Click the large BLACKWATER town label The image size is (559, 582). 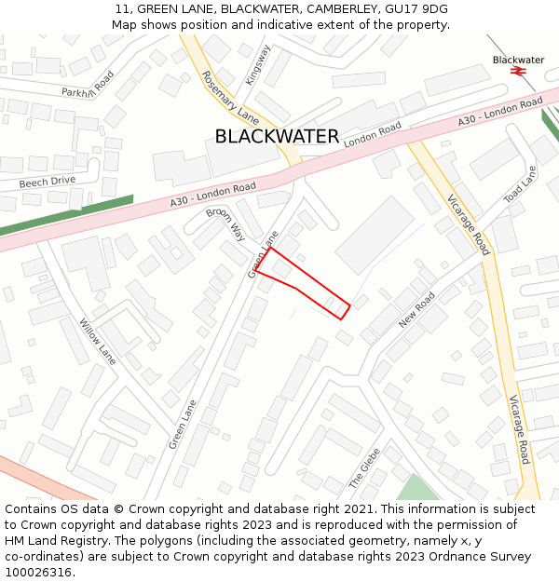coord(277,136)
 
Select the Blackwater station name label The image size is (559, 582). coord(518,60)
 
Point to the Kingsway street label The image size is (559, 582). coord(257,65)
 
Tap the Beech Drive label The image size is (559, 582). coord(47,182)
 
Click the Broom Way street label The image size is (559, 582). coord(225,224)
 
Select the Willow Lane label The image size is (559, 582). coord(97,342)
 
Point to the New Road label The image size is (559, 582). coord(416,309)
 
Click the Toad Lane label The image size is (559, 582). coord(520,185)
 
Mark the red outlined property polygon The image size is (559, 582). coord(300,282)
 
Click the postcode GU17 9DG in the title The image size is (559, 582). coord(416,8)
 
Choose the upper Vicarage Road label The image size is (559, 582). coord(467,223)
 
